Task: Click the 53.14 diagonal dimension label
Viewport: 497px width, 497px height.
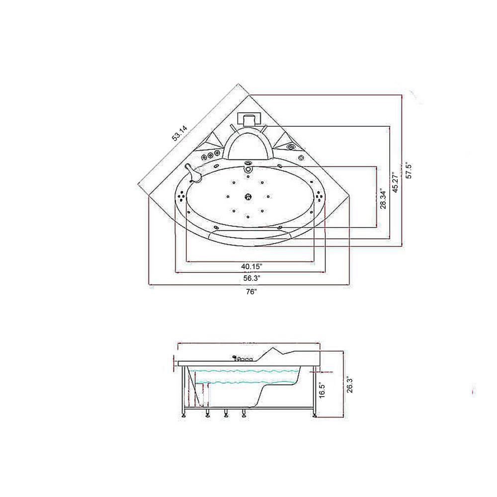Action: pyautogui.click(x=180, y=133)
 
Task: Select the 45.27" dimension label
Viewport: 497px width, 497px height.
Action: pyautogui.click(x=395, y=183)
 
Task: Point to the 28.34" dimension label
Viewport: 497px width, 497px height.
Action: pyautogui.click(x=384, y=199)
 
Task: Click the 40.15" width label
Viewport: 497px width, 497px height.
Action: pyautogui.click(x=251, y=266)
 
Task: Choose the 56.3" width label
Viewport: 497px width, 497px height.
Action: pyautogui.click(x=251, y=279)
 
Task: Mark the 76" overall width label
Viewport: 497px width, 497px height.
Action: pyautogui.click(x=251, y=292)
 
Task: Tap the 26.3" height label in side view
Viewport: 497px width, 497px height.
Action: pyautogui.click(x=349, y=385)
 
